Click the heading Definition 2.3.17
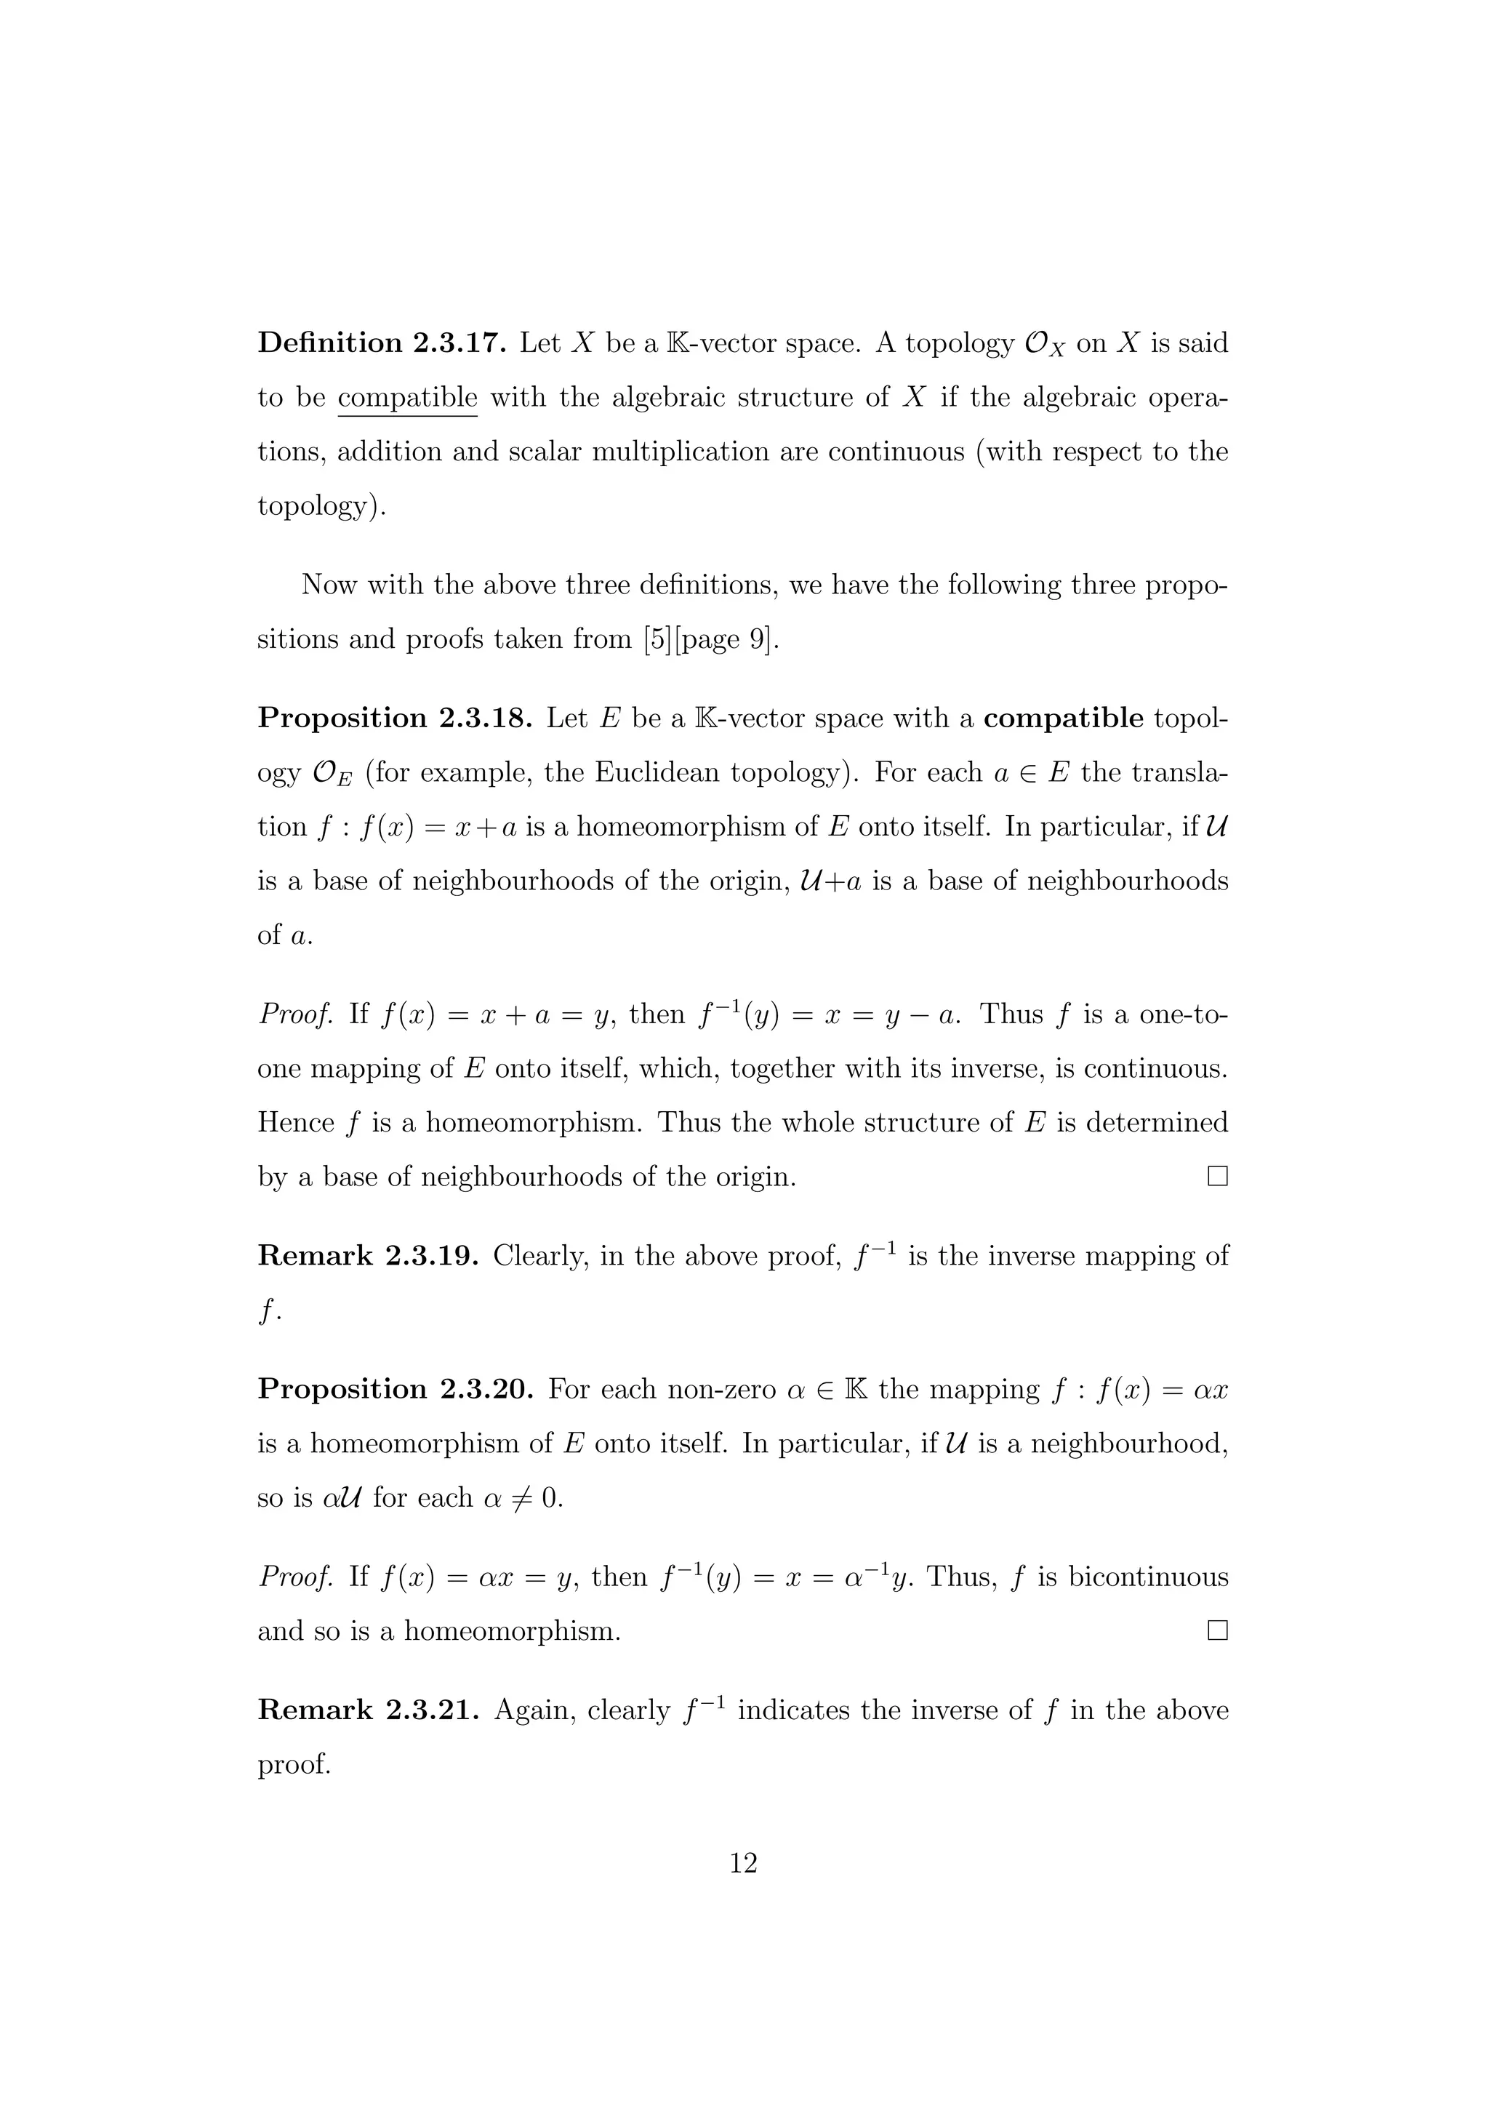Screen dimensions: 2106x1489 tap(382, 343)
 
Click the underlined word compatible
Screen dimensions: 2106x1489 tap(407, 398)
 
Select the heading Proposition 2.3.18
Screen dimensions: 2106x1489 tap(394, 718)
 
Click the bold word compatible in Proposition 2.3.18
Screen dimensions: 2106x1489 tap(1063, 718)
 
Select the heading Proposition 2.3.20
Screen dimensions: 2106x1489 tap(396, 1390)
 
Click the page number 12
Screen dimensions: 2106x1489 tap(744, 1863)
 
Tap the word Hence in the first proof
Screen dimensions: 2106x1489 tap(295, 1123)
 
